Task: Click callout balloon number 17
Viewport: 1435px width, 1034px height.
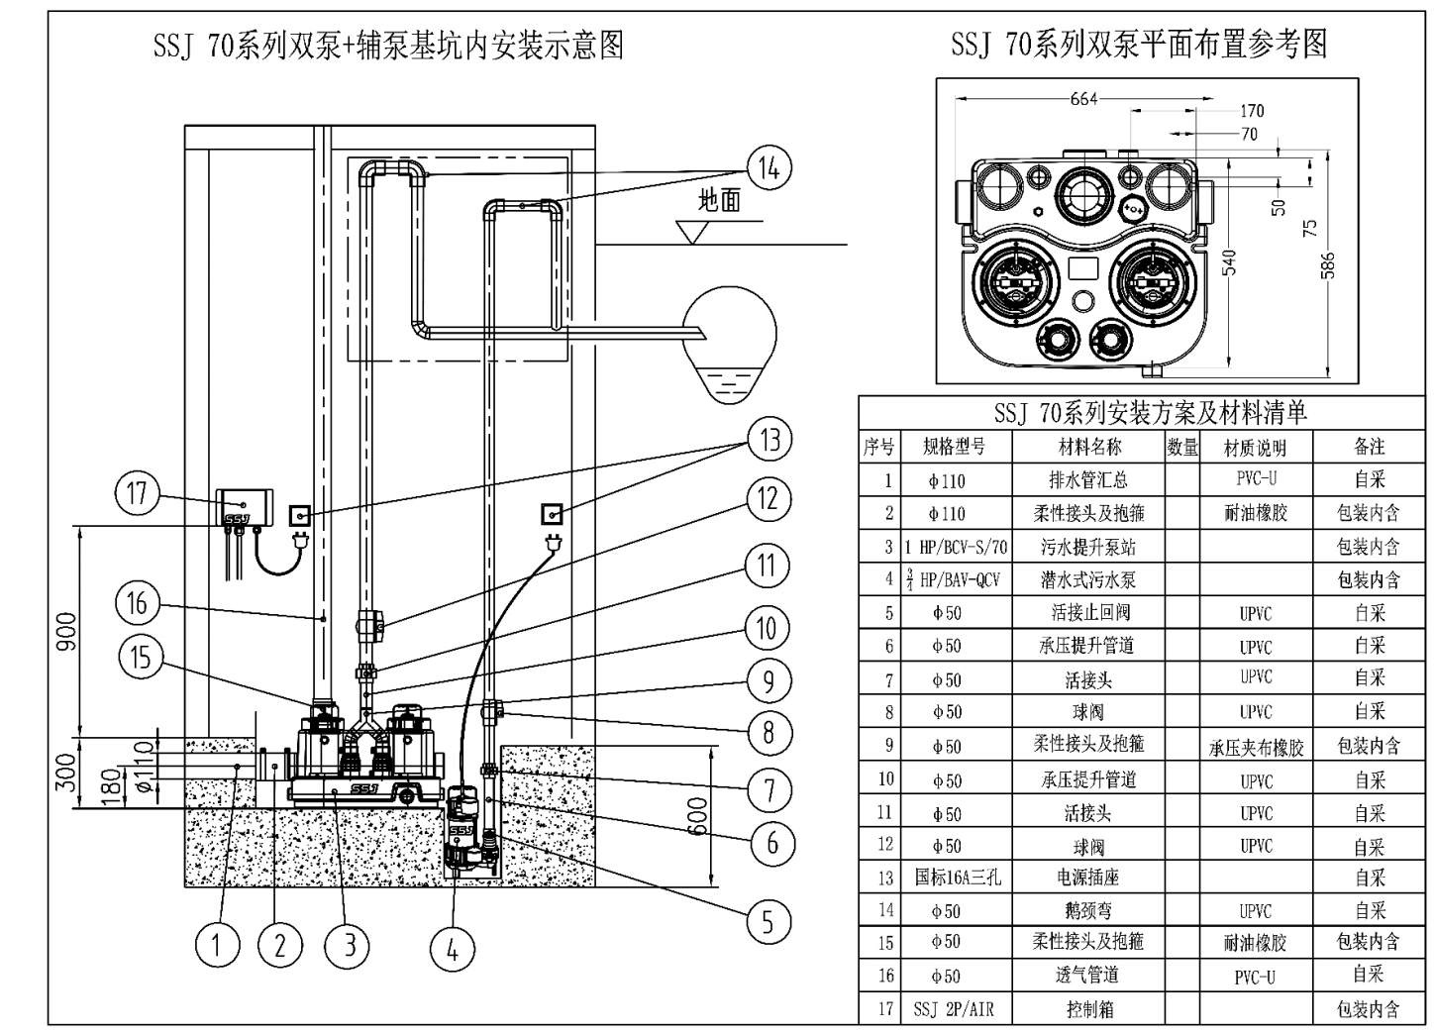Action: pos(137,492)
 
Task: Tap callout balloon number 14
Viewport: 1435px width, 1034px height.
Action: pos(769,168)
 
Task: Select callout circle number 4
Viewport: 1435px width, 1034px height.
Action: pos(452,951)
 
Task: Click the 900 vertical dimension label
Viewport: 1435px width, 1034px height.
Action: pos(65,631)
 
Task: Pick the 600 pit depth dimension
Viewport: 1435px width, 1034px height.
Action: pos(699,815)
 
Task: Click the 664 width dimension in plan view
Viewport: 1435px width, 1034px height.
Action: pos(1083,98)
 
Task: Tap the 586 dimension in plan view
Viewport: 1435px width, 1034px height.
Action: pos(1328,265)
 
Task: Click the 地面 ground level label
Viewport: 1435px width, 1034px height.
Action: pos(719,201)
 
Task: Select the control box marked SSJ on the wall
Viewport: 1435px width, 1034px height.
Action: pos(243,507)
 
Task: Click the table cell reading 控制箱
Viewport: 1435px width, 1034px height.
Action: pos(1088,1009)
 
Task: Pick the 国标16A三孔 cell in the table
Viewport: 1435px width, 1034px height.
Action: pos(955,878)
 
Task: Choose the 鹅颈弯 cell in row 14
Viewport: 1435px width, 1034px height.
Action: pos(1088,910)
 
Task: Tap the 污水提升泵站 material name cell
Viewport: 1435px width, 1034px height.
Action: pos(1088,547)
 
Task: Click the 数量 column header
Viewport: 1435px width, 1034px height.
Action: pos(1182,447)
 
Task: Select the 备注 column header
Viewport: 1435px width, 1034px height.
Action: pos(1369,447)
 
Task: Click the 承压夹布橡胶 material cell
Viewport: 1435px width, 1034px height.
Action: pos(1256,748)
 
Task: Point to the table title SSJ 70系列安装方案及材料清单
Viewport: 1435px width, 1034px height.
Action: pos(1150,413)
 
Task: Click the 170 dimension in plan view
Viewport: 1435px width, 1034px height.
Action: pos(1252,111)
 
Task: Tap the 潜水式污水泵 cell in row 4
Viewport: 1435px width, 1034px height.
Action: pos(1088,580)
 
